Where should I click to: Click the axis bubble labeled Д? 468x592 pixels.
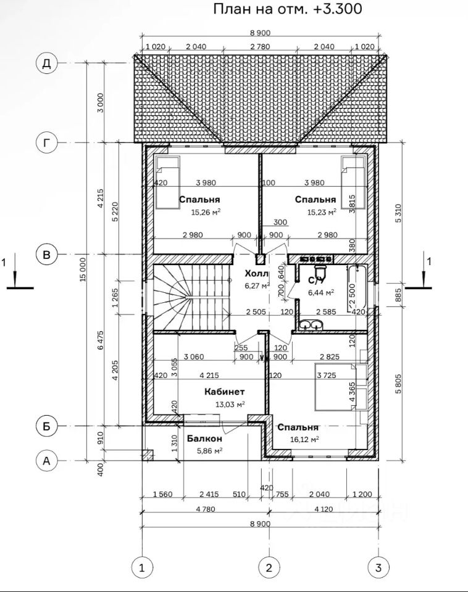pos(46,63)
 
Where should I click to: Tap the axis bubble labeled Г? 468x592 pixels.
pos(46,142)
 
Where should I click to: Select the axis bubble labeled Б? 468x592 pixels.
pos(46,426)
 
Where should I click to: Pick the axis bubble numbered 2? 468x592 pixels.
pos(269,567)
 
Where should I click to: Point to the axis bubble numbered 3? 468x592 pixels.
pos(379,567)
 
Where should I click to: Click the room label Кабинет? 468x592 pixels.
pos(225,392)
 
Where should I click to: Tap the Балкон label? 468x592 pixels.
pos(204,438)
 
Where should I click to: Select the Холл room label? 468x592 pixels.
pos(257,273)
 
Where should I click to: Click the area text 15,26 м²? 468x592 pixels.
pos(206,212)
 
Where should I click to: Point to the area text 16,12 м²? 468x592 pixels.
pos(304,440)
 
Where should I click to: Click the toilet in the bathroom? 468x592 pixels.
pos(320,270)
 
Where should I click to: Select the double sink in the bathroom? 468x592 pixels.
pos(311,324)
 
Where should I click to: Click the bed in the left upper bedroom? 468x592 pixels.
pos(167,182)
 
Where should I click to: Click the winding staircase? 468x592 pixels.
pos(191,297)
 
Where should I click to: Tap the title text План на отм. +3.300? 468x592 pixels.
pos(287,8)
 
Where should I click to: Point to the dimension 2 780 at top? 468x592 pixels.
pos(260,46)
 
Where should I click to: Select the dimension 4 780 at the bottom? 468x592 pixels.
pos(206,509)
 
